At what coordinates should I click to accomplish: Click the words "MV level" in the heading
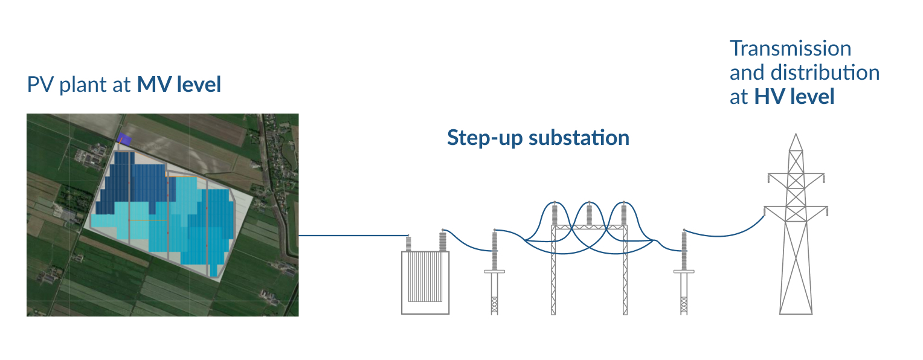pyautogui.click(x=179, y=85)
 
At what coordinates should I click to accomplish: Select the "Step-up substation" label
pyautogui.click(x=538, y=138)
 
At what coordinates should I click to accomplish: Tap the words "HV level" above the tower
pyautogui.click(x=794, y=97)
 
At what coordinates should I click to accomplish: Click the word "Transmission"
pyautogui.click(x=790, y=48)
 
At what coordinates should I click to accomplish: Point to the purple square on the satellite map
pyautogui.click(x=123, y=138)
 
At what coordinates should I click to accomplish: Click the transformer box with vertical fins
pyautogui.click(x=425, y=282)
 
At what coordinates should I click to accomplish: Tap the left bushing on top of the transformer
pyautogui.click(x=409, y=244)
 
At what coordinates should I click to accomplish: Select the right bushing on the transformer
pyautogui.click(x=443, y=241)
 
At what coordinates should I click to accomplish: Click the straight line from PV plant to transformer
pyautogui.click(x=353, y=235)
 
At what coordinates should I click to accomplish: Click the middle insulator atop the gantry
pyautogui.click(x=589, y=214)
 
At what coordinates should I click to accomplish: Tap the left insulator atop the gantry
pyautogui.click(x=555, y=214)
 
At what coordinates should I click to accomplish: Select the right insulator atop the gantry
pyautogui.click(x=623, y=214)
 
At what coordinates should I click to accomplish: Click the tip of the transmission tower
pyautogui.click(x=796, y=137)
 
